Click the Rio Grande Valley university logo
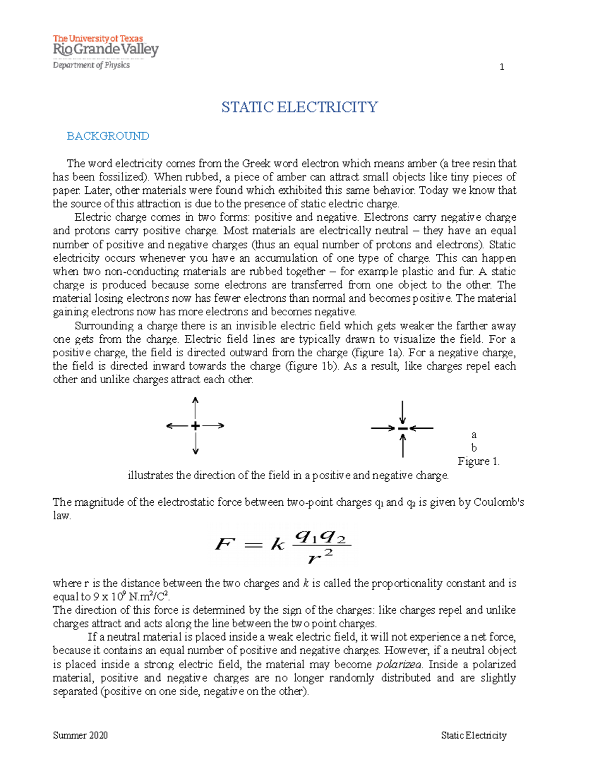click(105, 46)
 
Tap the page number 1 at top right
click(502, 67)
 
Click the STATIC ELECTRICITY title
click(299, 107)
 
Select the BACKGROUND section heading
click(108, 136)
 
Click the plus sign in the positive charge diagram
click(195, 426)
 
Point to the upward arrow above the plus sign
click(195, 407)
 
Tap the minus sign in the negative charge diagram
click(402, 428)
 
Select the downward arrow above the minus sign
click(402, 412)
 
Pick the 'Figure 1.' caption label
click(478, 461)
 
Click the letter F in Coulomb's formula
click(224, 544)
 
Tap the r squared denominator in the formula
click(320, 556)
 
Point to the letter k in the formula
click(277, 544)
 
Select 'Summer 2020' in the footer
click(80, 735)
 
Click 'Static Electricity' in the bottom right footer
click(473, 735)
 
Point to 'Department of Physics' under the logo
click(91, 65)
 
